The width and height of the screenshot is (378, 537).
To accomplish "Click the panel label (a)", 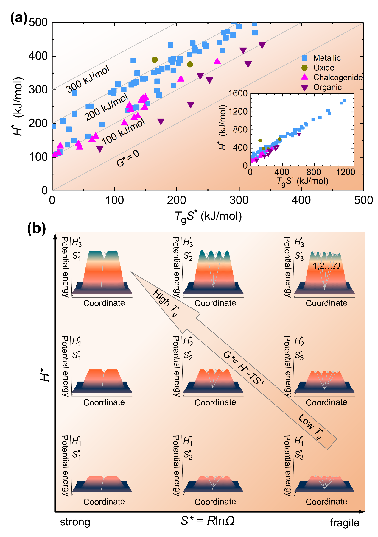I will click(x=19, y=18).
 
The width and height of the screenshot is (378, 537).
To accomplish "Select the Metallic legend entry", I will click(x=327, y=58).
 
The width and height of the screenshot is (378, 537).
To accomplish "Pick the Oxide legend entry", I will click(x=323, y=68).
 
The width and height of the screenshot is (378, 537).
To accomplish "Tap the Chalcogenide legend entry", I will click(x=338, y=78).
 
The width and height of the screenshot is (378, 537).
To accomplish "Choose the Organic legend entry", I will click(x=327, y=88).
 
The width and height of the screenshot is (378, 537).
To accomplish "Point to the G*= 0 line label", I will click(x=128, y=158).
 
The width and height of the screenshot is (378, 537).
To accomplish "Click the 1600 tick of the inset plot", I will click(x=238, y=93).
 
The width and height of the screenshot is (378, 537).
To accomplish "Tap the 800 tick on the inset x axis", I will click(x=314, y=172).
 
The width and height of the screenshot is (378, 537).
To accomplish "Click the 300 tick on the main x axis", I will click(x=239, y=200).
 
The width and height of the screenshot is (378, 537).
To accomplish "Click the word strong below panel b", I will click(x=75, y=522).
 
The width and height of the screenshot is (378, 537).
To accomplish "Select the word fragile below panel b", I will click(x=344, y=523).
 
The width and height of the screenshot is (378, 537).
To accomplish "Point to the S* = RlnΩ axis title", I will click(x=208, y=521).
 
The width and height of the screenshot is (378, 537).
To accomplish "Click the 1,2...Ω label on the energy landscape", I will click(x=326, y=266).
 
